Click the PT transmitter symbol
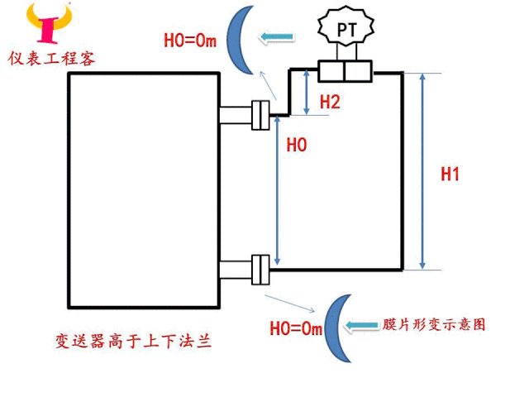(x=346, y=29)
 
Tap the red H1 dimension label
(x=450, y=175)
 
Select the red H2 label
(x=330, y=102)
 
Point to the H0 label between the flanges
(x=297, y=146)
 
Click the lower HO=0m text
(x=295, y=328)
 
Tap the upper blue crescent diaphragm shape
(x=241, y=39)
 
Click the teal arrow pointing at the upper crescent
(x=278, y=36)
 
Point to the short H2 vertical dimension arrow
(x=307, y=93)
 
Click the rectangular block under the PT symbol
(x=346, y=71)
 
